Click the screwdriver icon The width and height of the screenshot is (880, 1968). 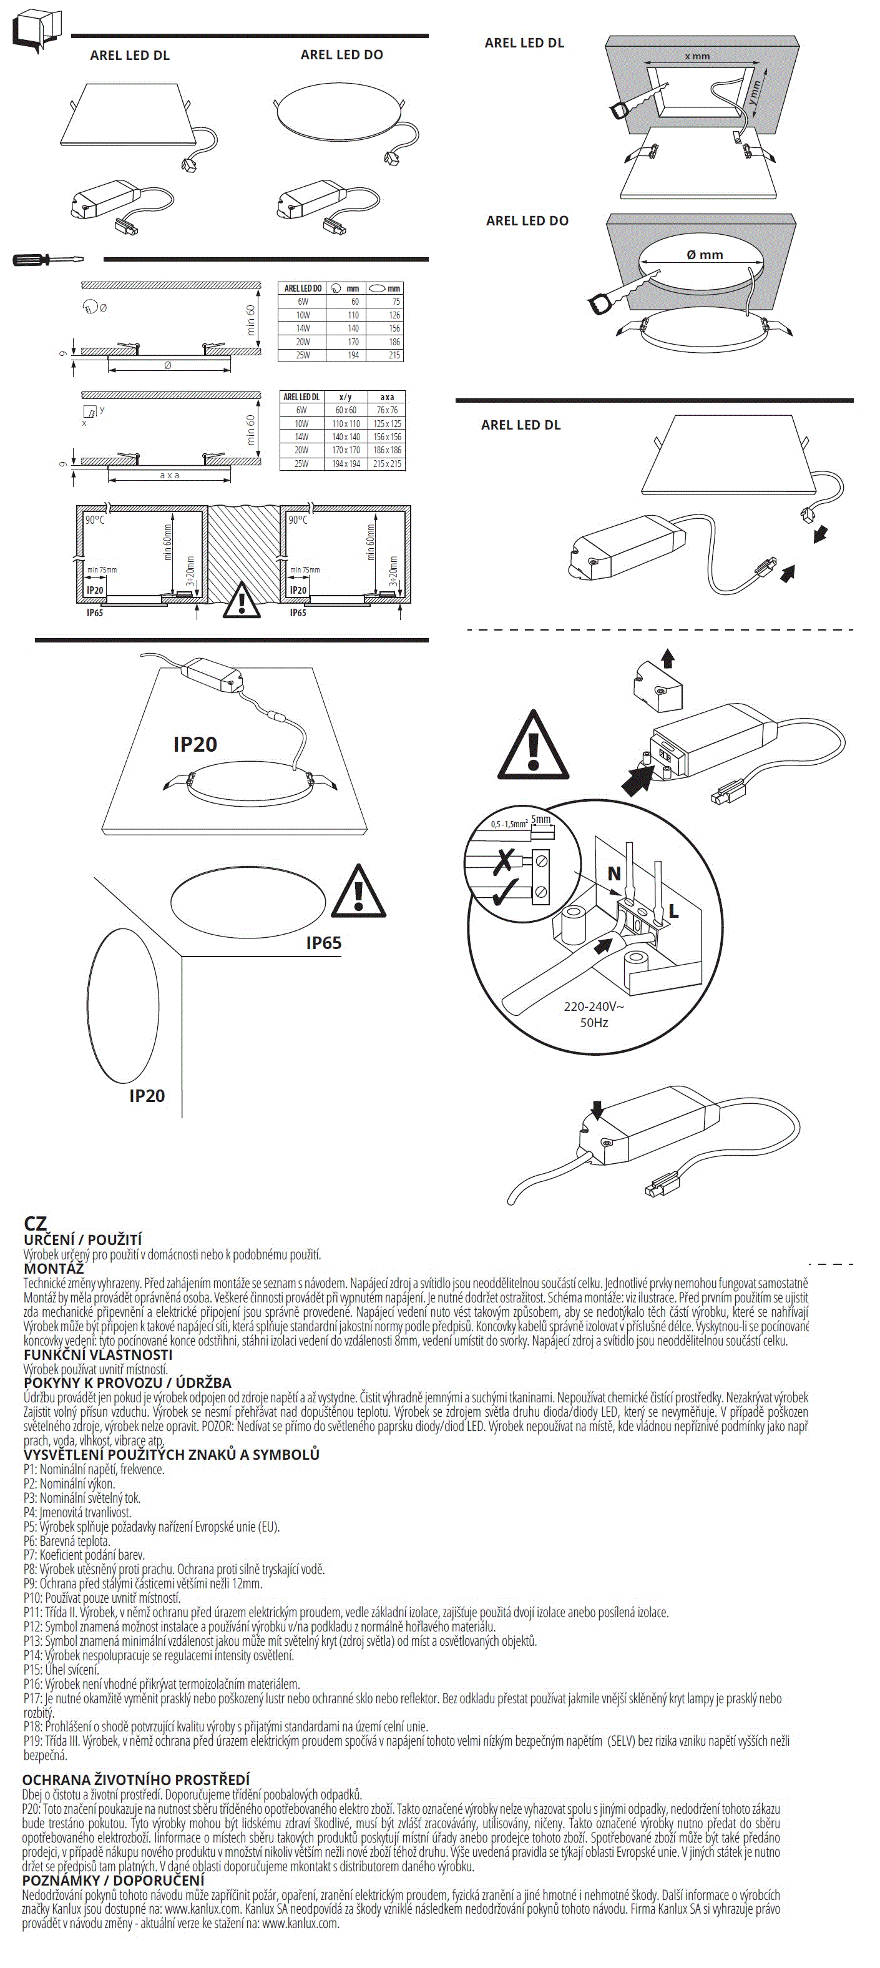[x=46, y=260]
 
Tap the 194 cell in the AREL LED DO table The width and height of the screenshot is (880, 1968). [x=353, y=355]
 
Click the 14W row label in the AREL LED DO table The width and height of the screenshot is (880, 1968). [x=303, y=328]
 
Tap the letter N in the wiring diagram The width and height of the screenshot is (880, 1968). [x=614, y=873]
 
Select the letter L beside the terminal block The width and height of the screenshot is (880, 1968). [x=673, y=911]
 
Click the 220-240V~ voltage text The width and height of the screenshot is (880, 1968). [x=594, y=1006]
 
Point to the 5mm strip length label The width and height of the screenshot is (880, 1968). [x=541, y=820]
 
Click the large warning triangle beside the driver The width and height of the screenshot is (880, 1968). [x=533, y=745]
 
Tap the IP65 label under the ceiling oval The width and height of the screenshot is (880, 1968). [x=324, y=943]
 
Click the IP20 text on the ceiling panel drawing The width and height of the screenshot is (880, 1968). [x=195, y=744]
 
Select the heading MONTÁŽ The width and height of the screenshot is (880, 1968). [x=54, y=1269]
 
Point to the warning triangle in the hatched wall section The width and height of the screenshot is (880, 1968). [x=242, y=600]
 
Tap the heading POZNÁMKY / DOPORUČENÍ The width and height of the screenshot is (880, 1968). [x=113, y=1880]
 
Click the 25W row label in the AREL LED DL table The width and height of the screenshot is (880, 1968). [x=301, y=464]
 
